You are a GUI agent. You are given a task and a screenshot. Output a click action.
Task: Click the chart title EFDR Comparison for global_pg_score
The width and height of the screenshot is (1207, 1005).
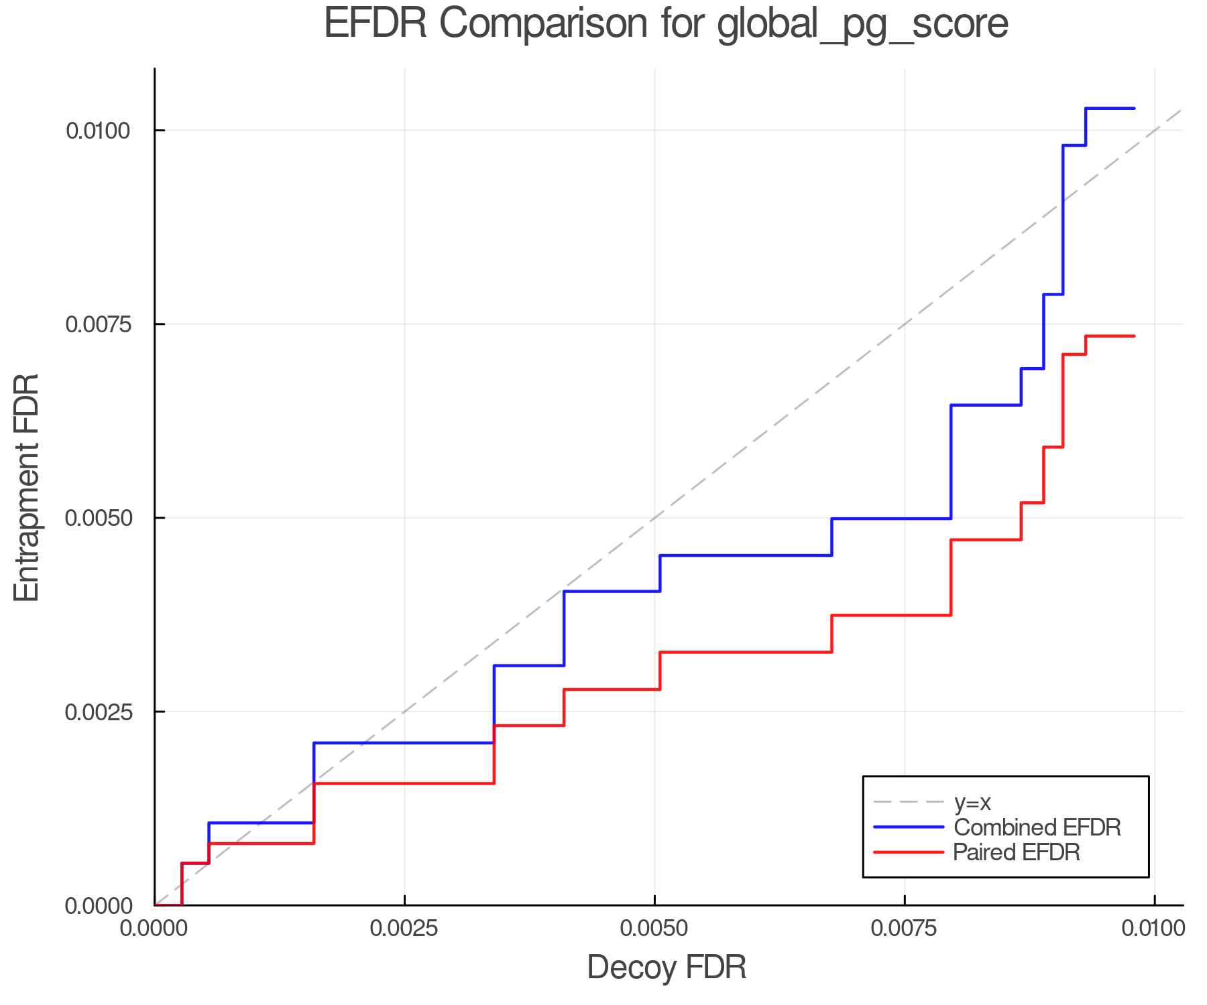(x=666, y=24)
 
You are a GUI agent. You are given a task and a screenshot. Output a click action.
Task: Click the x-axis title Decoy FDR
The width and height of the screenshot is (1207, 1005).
(x=667, y=967)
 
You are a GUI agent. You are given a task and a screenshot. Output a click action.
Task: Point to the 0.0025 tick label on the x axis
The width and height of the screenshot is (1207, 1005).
(x=404, y=928)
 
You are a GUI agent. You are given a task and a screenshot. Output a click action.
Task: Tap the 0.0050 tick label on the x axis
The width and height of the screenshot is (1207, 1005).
(x=654, y=928)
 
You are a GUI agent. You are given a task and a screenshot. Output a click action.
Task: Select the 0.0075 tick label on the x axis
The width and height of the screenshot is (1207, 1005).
(x=905, y=928)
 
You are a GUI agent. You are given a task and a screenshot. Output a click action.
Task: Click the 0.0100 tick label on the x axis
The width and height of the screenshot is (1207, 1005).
(x=1154, y=928)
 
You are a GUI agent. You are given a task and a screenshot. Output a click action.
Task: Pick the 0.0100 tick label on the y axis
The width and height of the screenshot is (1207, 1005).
(x=98, y=131)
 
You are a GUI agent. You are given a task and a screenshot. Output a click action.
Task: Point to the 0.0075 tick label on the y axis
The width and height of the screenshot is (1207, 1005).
(x=98, y=324)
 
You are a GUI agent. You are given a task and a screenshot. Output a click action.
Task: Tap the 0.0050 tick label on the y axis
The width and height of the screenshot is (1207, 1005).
(x=98, y=518)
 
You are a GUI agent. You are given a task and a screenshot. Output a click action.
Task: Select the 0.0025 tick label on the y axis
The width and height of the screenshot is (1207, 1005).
(x=98, y=712)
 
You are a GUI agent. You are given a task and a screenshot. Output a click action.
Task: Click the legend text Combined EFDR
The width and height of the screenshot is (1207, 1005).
(x=1037, y=827)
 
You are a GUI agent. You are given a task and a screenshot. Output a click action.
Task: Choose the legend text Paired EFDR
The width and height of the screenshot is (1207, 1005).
(x=1017, y=852)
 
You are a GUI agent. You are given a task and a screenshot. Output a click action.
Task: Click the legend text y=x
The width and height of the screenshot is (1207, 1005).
(x=972, y=802)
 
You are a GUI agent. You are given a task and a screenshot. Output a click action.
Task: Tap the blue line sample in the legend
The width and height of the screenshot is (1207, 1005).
(x=909, y=827)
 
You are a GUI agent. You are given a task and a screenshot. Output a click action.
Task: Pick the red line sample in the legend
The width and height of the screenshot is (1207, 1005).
(x=909, y=852)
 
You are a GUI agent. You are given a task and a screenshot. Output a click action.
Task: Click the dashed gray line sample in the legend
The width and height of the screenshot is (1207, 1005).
(x=909, y=802)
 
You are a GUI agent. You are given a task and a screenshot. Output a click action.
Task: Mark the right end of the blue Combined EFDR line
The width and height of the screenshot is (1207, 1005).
(x=1134, y=109)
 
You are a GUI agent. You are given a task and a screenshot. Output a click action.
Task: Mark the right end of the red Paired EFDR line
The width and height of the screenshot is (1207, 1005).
(x=1134, y=336)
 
